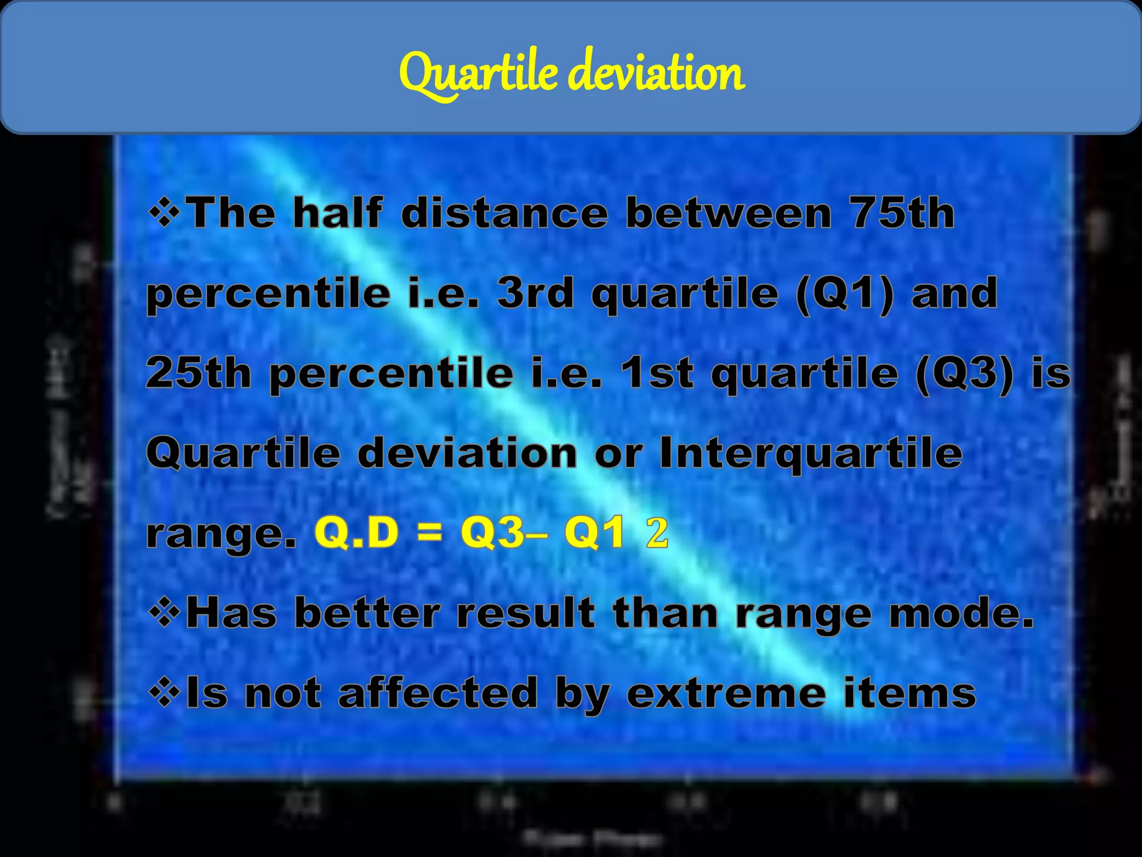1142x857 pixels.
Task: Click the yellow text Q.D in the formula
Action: (357, 532)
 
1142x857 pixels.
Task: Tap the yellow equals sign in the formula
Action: (429, 532)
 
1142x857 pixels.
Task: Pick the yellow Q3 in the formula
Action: (493, 532)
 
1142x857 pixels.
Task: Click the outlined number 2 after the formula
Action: (657, 532)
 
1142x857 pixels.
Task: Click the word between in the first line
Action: (728, 213)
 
